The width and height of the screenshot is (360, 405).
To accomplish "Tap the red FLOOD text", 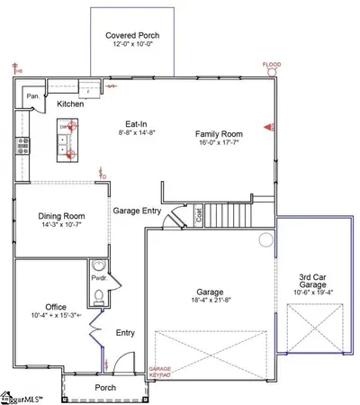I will [x=271, y=65].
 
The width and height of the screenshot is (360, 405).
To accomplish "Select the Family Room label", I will [x=220, y=134].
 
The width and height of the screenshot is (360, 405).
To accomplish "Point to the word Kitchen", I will [x=70, y=104].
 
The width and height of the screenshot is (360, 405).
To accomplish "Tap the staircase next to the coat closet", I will [x=229, y=216].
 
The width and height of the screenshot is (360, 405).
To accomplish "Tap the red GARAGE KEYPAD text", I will [x=159, y=373].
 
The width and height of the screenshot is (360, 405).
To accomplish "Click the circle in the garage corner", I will [x=265, y=240].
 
